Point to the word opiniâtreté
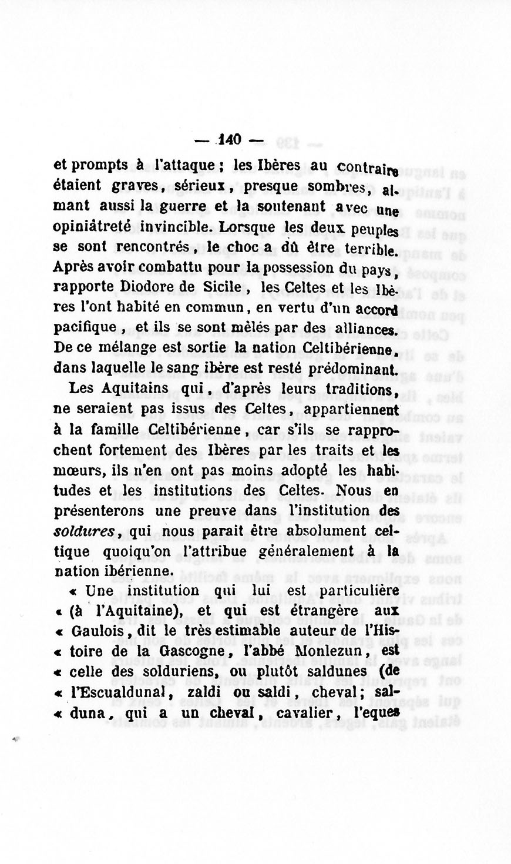[x=95, y=226]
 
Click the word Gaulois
[x=97, y=631]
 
